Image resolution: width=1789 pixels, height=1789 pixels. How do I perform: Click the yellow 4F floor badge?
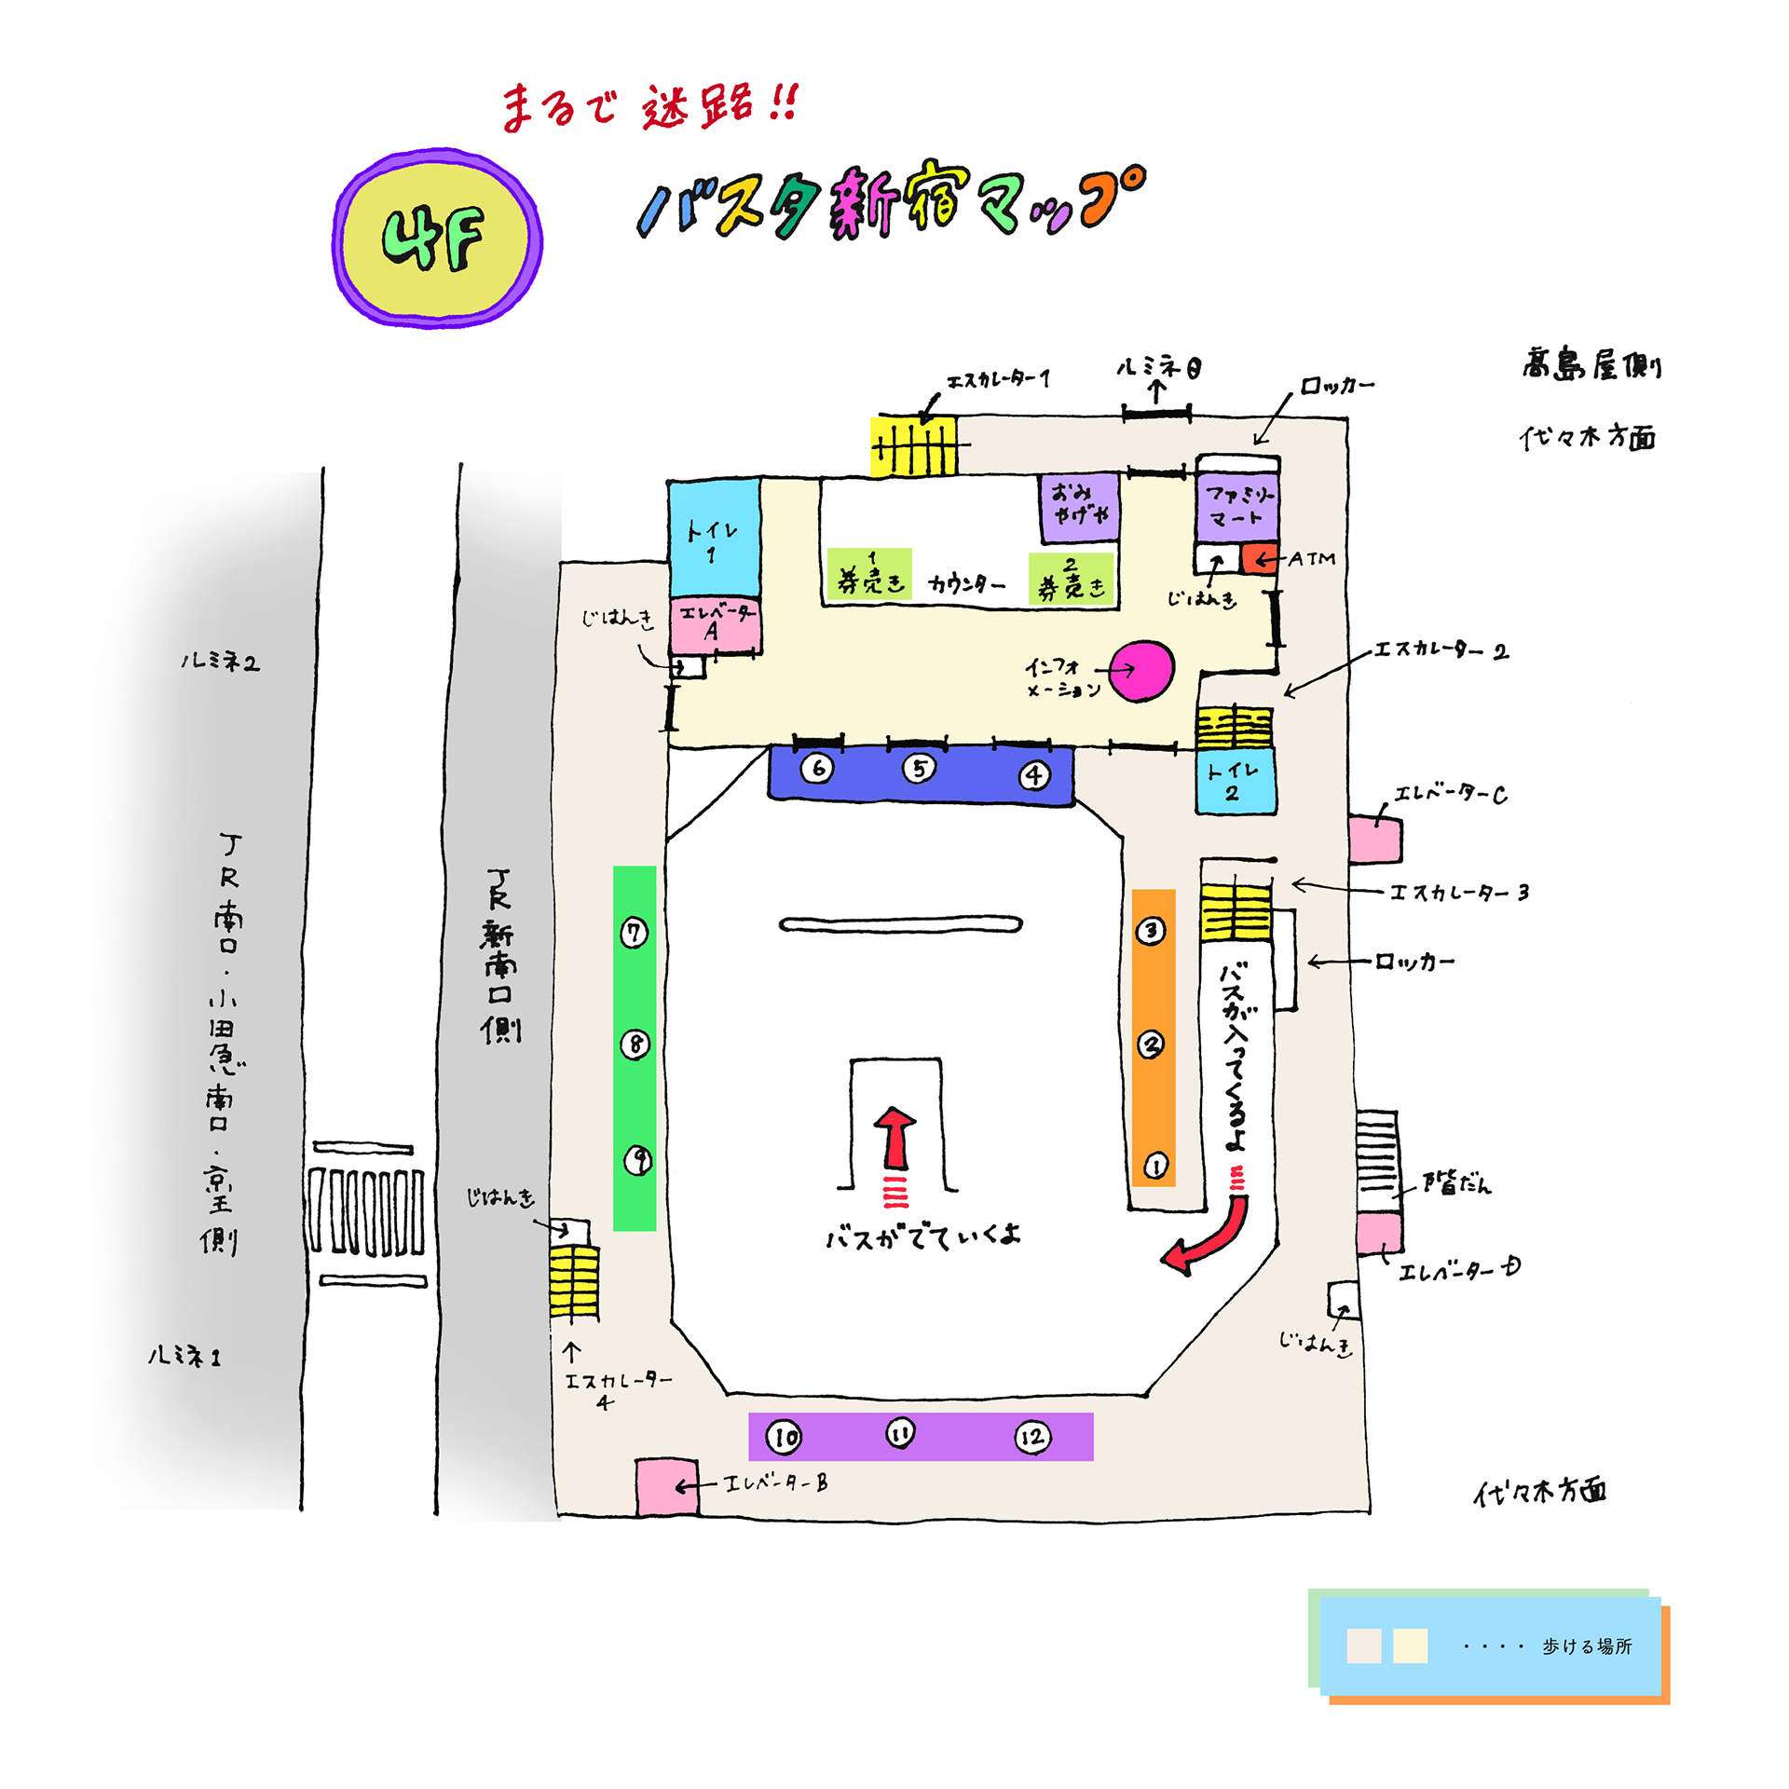[x=436, y=239]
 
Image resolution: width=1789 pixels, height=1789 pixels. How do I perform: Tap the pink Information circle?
[x=1142, y=670]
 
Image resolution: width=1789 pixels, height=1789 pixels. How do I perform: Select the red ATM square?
[x=1259, y=558]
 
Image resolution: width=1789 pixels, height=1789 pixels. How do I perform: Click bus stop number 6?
[x=817, y=769]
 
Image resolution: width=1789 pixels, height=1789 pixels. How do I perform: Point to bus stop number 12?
[x=1032, y=1437]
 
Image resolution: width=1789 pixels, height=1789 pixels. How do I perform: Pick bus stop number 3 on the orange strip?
[x=1151, y=930]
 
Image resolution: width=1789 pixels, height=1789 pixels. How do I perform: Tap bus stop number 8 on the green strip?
[x=635, y=1045]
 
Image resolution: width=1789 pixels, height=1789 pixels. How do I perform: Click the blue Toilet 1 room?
[x=714, y=539]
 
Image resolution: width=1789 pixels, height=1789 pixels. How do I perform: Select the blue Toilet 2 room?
[x=1235, y=782]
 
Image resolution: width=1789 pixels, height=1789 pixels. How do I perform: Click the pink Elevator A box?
[x=714, y=624]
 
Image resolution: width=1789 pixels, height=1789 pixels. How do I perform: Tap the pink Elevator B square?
[x=666, y=1486]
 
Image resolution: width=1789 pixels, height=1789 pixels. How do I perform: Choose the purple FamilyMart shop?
[x=1237, y=507]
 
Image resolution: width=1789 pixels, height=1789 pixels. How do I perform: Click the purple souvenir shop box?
[x=1079, y=508]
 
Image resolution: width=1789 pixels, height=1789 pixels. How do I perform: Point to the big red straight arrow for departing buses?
[x=895, y=1138]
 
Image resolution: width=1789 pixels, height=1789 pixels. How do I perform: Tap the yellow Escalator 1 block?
[x=913, y=447]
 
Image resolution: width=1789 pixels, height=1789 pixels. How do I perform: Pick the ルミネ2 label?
[x=220, y=662]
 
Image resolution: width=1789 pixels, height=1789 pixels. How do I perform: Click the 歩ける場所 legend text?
[x=1586, y=1646]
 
